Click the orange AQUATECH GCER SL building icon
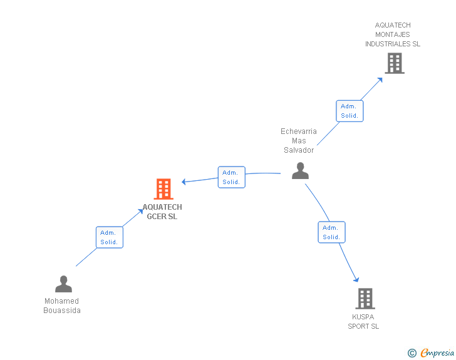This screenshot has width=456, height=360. [x=163, y=188]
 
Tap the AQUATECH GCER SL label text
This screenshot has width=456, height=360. [x=162, y=212]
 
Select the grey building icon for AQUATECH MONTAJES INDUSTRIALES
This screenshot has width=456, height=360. [x=394, y=63]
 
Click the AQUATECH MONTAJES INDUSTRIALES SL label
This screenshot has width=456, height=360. [x=393, y=34]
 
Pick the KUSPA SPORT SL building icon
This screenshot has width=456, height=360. [x=365, y=299]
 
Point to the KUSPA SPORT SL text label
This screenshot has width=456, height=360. [x=363, y=321]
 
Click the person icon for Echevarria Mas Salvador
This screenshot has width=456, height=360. [x=301, y=170]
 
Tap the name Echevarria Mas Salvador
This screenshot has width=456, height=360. [x=299, y=141]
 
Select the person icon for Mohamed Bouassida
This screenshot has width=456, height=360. [x=63, y=284]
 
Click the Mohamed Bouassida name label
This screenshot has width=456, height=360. [x=62, y=306]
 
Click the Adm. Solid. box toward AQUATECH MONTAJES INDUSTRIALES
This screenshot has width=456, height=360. [x=349, y=111]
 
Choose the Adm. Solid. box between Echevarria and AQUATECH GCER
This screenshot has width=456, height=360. [x=231, y=177]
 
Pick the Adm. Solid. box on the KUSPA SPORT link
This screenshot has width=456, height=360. [x=331, y=232]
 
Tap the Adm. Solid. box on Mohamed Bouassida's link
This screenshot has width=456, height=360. [x=109, y=237]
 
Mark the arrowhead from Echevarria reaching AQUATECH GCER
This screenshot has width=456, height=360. [x=185, y=182]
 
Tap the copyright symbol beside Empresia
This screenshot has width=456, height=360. [x=412, y=353]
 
